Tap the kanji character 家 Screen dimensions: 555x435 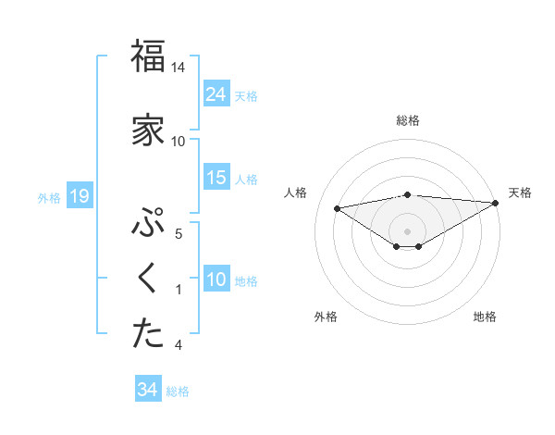148,130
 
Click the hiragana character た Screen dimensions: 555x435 148,334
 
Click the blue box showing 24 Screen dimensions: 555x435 216,94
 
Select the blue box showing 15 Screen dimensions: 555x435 216,178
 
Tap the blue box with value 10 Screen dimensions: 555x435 216,280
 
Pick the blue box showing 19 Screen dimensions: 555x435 79,196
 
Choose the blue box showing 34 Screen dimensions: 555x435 147,390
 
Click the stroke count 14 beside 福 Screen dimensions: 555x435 179,68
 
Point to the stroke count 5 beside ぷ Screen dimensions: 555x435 179,233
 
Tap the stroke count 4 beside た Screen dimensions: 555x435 179,345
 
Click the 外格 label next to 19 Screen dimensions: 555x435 49,197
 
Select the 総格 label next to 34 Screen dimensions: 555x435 178,391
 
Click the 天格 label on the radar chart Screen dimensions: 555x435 520,193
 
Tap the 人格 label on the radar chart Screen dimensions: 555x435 297,193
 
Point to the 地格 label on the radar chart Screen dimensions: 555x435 485,317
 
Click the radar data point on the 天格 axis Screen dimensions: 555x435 496,202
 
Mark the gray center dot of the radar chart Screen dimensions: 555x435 407,230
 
